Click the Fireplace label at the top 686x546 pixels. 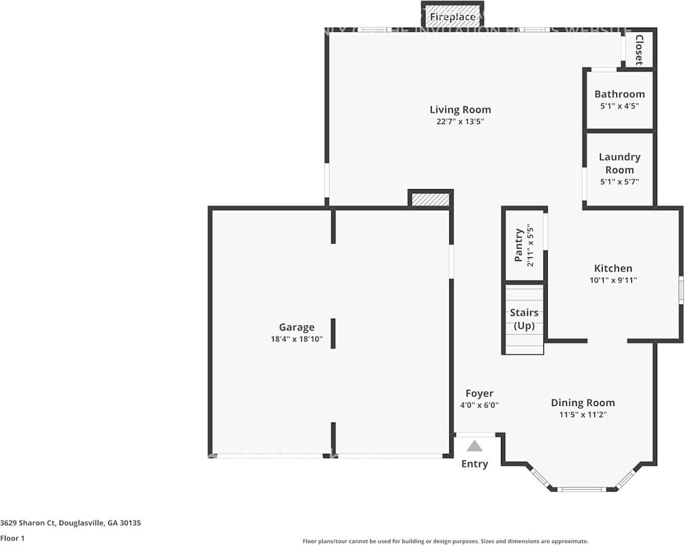click(452, 17)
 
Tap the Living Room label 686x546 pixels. click(460, 110)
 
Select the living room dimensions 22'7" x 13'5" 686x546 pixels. click(460, 122)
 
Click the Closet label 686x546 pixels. click(639, 50)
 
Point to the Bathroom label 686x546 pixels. click(619, 94)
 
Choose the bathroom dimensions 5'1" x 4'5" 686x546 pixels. click(619, 106)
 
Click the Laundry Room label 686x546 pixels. click(619, 163)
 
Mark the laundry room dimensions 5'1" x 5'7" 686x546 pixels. click(619, 182)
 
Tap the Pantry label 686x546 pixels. click(519, 245)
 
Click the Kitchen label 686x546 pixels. click(613, 268)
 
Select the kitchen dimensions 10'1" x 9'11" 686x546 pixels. click(613, 280)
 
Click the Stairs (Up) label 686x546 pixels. click(524, 319)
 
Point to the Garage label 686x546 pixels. click(296, 327)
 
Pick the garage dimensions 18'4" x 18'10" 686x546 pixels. click(296, 339)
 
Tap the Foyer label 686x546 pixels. click(479, 394)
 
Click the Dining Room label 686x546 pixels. click(582, 403)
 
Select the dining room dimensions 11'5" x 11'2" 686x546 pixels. click(582, 415)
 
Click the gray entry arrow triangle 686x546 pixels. click(474, 447)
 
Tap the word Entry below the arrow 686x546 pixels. click(474, 464)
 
